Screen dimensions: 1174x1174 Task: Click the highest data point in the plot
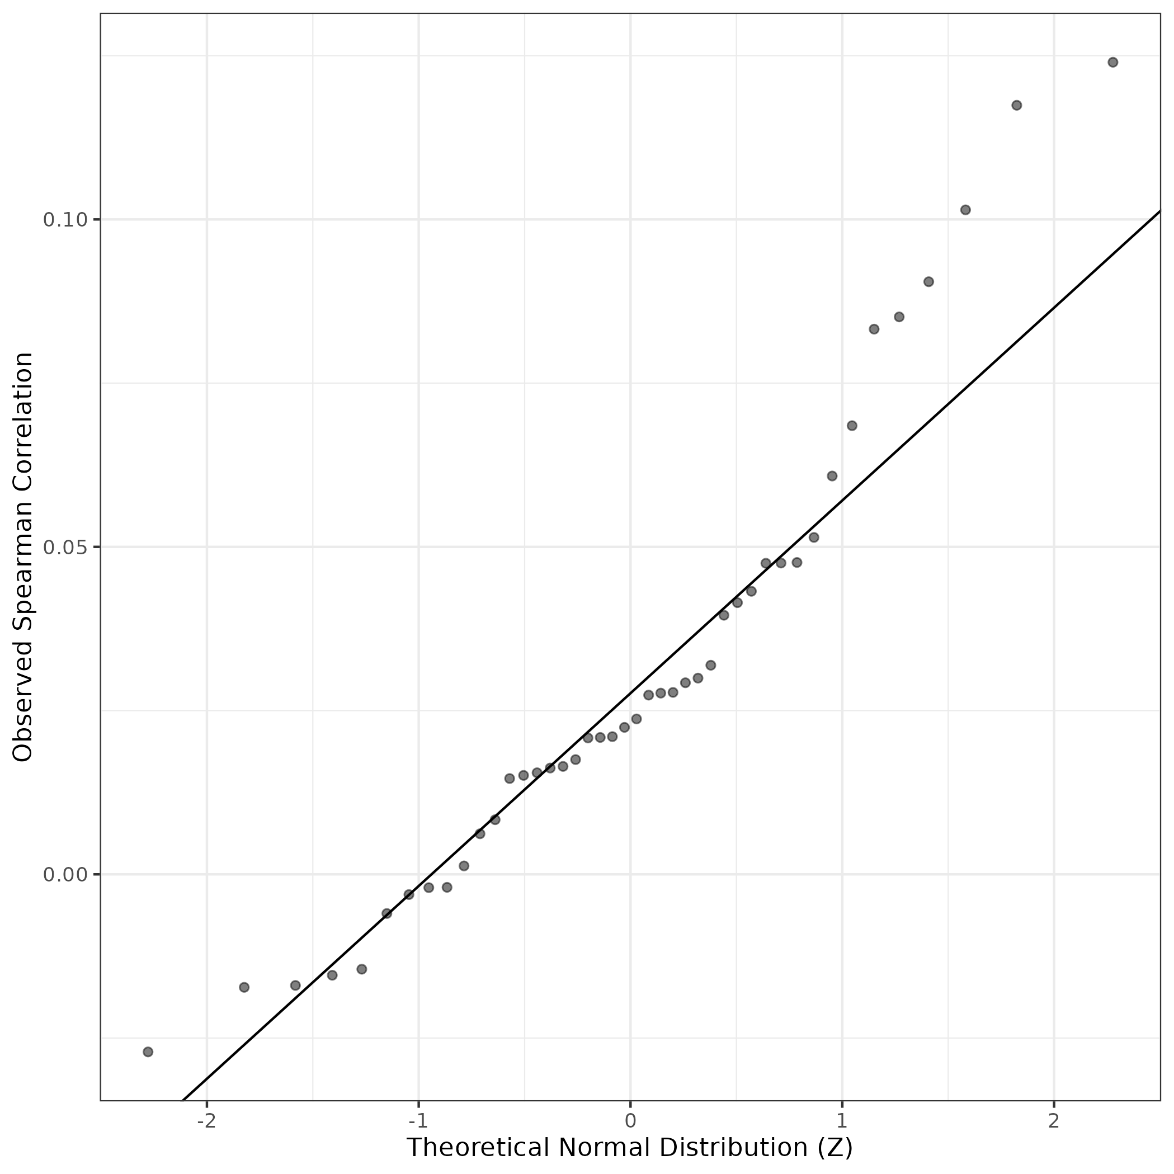(1112, 62)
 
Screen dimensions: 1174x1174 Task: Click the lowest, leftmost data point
(148, 1052)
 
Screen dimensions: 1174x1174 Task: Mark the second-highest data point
(1017, 105)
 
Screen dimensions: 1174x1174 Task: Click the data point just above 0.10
(965, 210)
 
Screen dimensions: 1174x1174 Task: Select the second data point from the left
(244, 987)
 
